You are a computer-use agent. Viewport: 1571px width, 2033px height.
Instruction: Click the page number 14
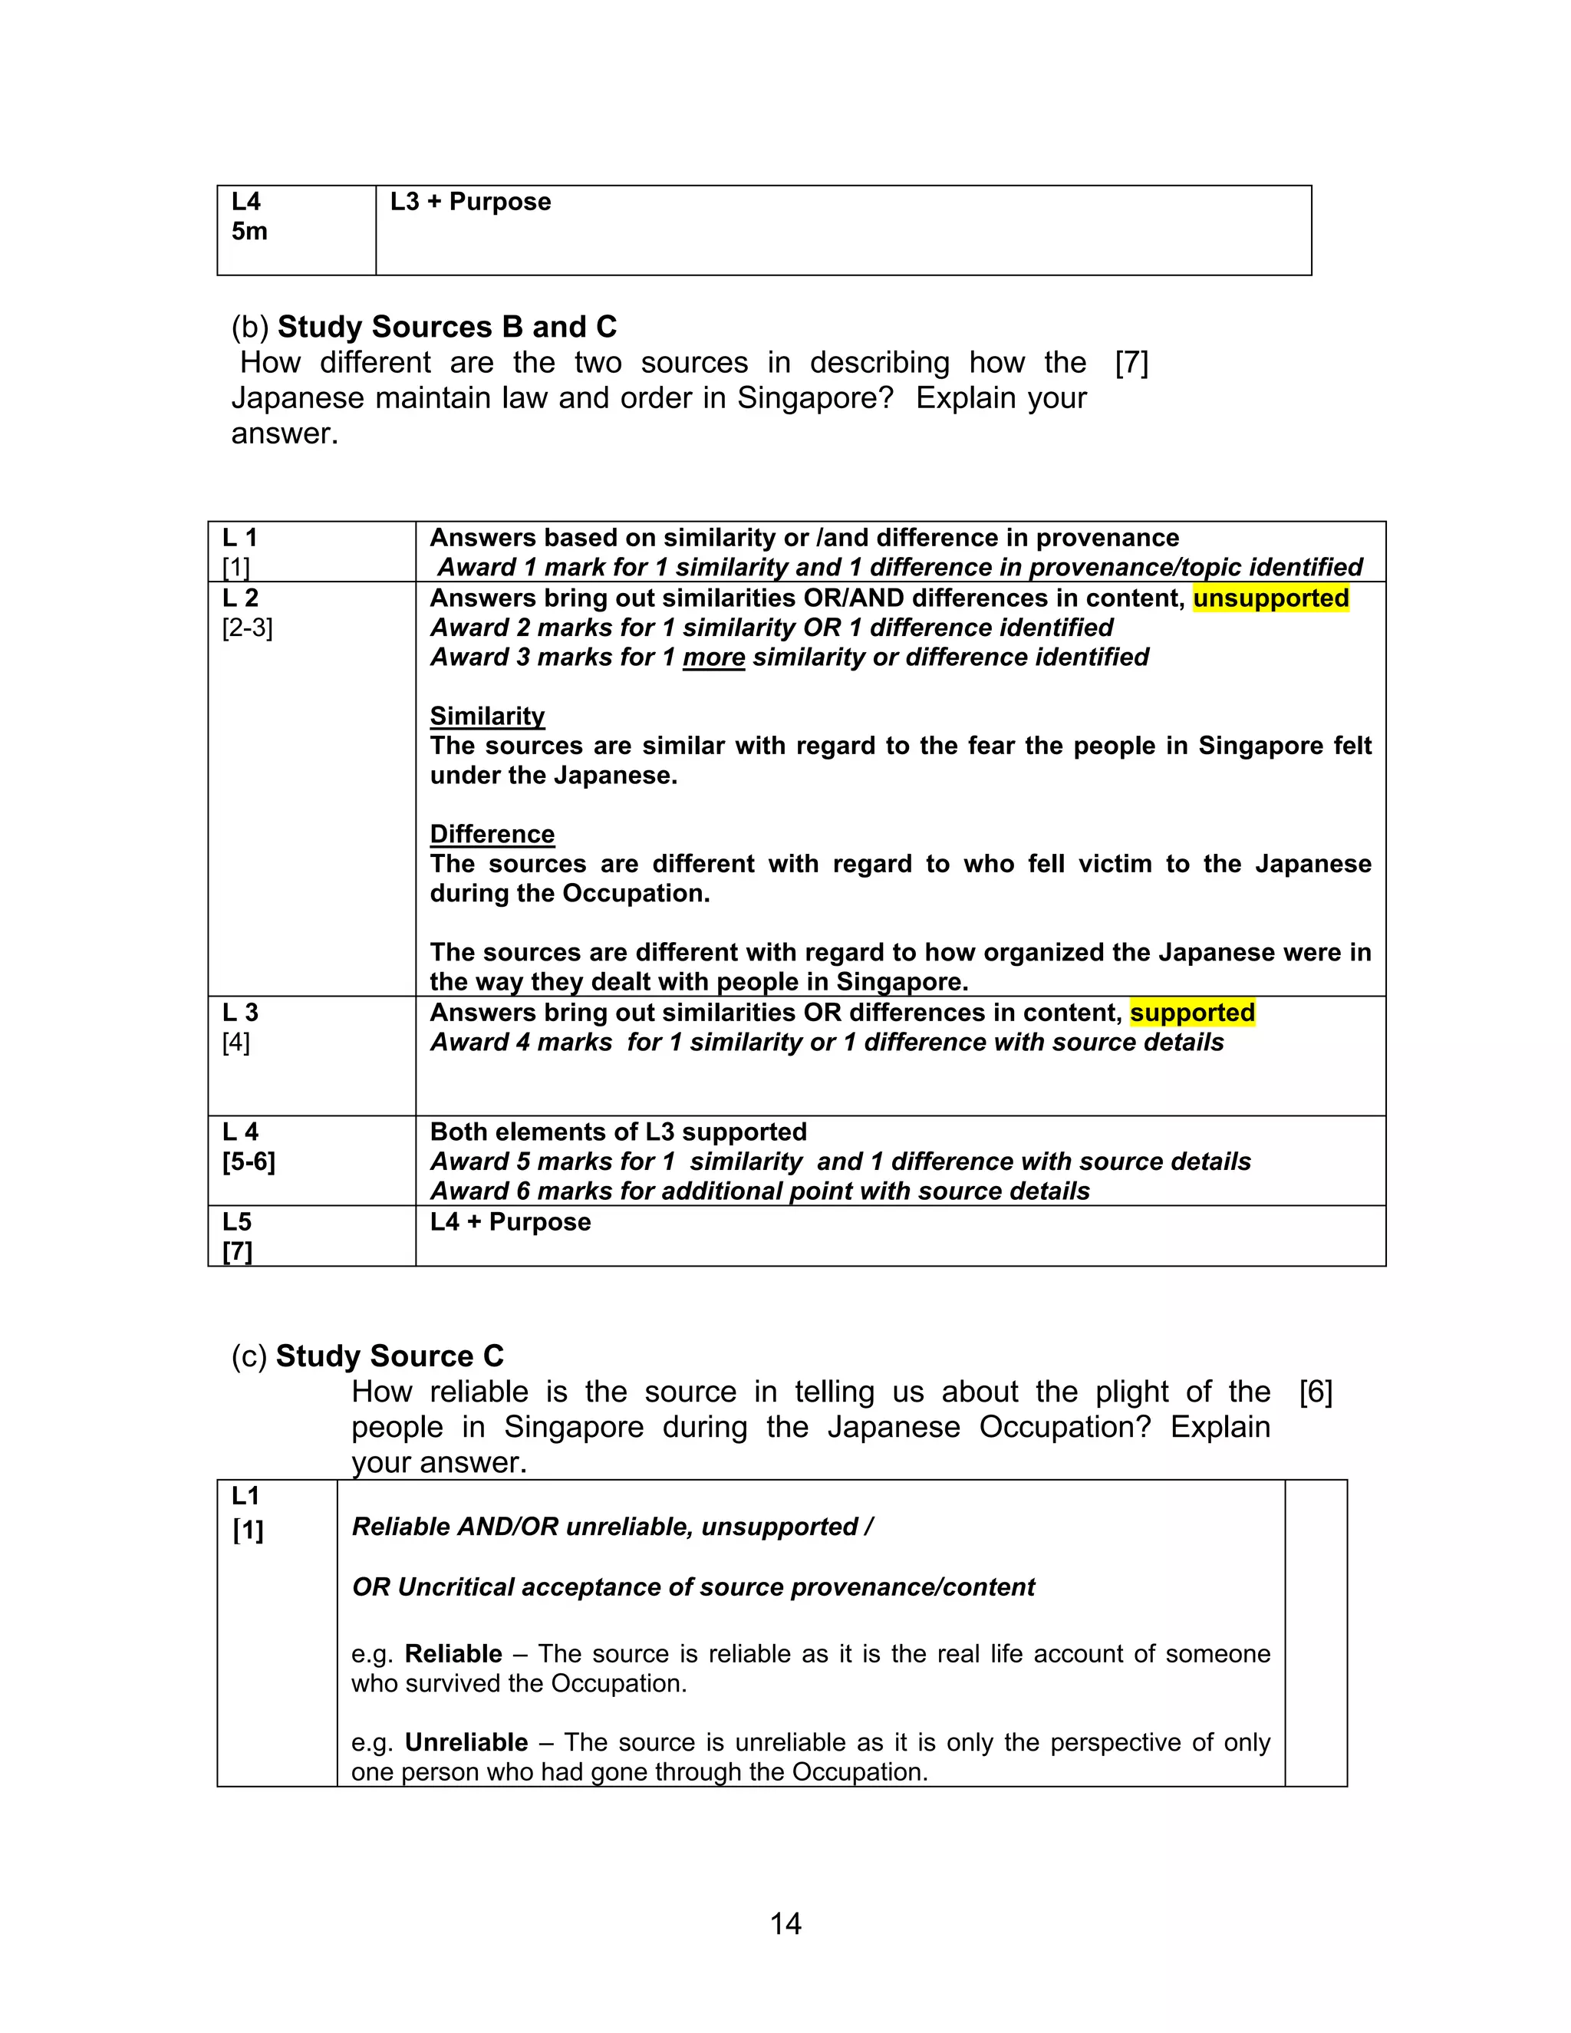[x=785, y=1923]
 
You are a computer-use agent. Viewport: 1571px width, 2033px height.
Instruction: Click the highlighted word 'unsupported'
[x=1270, y=598]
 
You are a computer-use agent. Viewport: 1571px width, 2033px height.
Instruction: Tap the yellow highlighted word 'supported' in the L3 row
[x=1192, y=1013]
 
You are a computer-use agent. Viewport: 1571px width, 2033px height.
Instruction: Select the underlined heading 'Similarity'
[x=487, y=716]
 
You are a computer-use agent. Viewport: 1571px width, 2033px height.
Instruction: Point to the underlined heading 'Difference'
[x=492, y=834]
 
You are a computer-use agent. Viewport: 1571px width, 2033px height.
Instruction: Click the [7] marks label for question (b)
[x=1131, y=363]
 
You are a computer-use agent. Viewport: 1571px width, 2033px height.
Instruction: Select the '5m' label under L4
[x=249, y=232]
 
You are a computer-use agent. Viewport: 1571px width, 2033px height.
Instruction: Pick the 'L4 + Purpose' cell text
[x=510, y=1222]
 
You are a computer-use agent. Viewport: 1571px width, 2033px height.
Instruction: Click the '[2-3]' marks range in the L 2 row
[x=248, y=628]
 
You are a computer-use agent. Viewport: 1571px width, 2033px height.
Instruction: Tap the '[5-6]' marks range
[x=249, y=1162]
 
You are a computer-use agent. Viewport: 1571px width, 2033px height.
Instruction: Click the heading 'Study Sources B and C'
[x=446, y=327]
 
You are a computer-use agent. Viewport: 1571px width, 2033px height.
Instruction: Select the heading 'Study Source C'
[x=389, y=1356]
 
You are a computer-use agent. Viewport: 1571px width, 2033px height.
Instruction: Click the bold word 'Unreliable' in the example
[x=466, y=1742]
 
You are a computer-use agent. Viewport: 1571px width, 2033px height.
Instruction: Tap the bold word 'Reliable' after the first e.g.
[x=453, y=1654]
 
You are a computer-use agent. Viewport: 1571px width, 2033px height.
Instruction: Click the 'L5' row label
[x=237, y=1222]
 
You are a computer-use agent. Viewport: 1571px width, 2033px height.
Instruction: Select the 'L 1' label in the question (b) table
[x=240, y=538]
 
